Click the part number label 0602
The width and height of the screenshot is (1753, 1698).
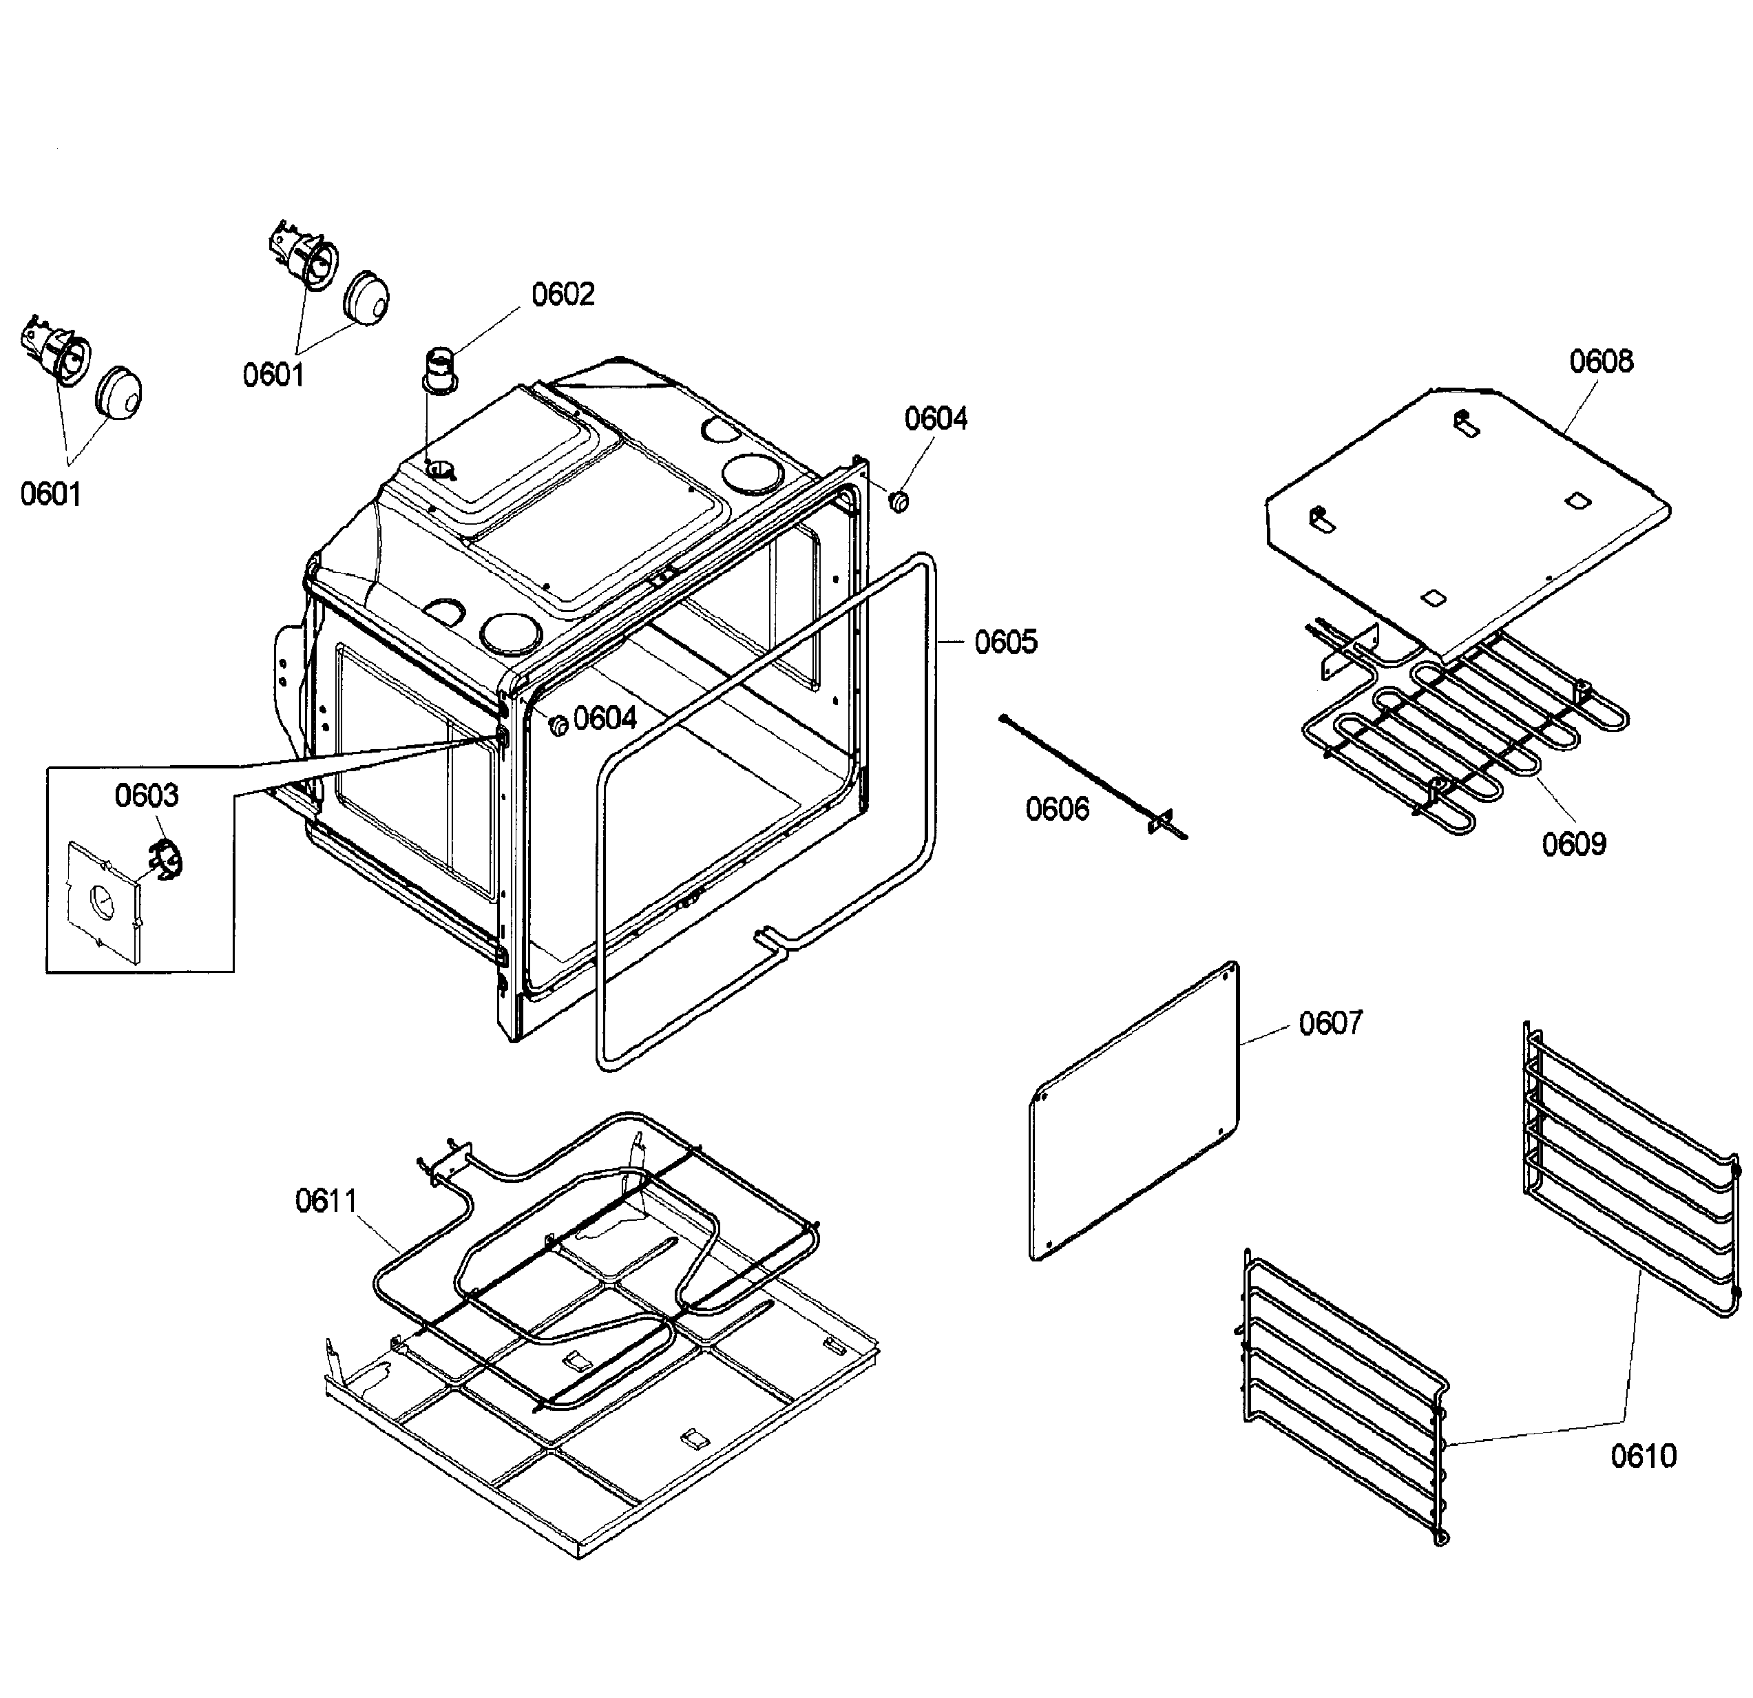(563, 294)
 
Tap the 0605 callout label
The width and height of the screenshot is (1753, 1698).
(1005, 642)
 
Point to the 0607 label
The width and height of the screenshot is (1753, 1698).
(1330, 1023)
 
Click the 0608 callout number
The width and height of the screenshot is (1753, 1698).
(1601, 361)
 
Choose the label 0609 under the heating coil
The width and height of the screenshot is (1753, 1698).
(1574, 843)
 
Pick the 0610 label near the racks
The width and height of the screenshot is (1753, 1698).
(1644, 1456)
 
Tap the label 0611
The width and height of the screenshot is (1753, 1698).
(326, 1201)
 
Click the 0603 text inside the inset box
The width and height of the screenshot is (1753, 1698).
(147, 795)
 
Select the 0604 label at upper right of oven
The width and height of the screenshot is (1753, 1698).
(936, 419)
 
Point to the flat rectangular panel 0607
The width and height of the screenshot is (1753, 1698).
(1135, 1111)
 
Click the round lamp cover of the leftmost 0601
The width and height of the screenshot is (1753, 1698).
(119, 392)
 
